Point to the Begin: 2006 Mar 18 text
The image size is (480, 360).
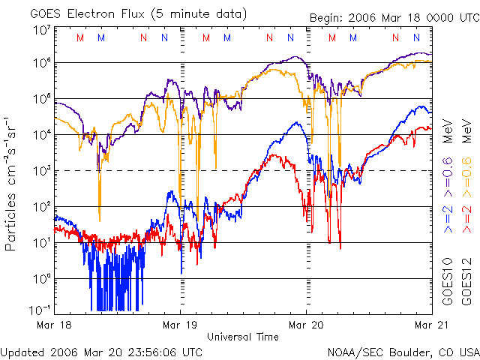371,18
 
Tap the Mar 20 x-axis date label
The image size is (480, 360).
306,325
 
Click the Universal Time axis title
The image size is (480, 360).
243,337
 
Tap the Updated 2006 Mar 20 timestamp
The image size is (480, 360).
101,351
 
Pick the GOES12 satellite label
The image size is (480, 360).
466,281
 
